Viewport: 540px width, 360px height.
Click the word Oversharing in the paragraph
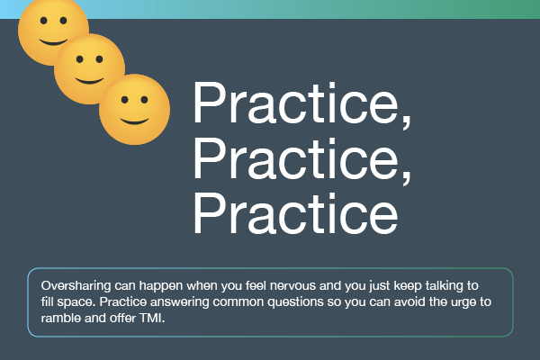pyautogui.click(x=76, y=286)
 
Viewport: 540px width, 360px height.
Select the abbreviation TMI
pyautogui.click(x=152, y=318)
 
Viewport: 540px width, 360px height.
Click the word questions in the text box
pyautogui.click(x=295, y=302)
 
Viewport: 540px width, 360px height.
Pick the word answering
pyautogui.click(x=180, y=302)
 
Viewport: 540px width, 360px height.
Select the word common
pyautogui.click(x=238, y=302)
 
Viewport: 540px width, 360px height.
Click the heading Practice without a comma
pyautogui.click(x=295, y=213)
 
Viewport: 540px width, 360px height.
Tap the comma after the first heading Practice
pyautogui.click(x=407, y=122)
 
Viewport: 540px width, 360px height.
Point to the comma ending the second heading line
pyautogui.click(x=407, y=178)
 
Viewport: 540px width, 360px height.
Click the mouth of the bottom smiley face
pyautogui.click(x=134, y=121)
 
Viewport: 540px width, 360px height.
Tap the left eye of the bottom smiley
pyautogui.click(x=125, y=100)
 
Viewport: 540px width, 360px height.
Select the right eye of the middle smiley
pyautogui.click(x=100, y=59)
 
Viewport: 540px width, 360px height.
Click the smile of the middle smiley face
pyautogui.click(x=89, y=81)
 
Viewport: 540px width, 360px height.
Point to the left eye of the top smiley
pyautogui.click(x=44, y=21)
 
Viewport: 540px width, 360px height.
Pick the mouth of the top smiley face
pyautogui.click(x=54, y=42)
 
